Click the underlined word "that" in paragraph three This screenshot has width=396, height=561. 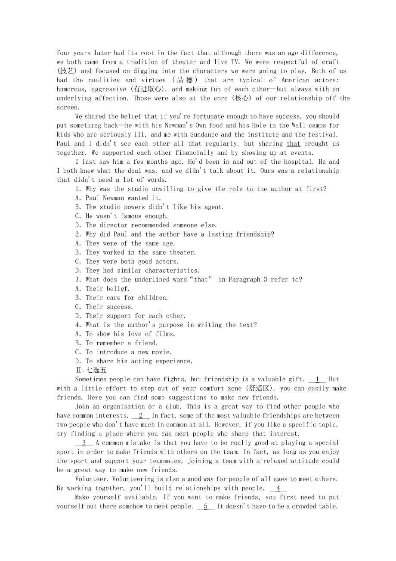(x=293, y=143)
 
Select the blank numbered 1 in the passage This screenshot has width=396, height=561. (x=317, y=379)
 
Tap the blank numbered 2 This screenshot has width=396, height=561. (x=141, y=415)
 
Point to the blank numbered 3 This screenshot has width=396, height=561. (x=84, y=443)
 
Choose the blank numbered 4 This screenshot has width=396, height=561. (x=278, y=488)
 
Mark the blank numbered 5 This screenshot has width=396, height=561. (x=205, y=506)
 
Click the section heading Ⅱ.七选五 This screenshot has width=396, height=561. (x=91, y=370)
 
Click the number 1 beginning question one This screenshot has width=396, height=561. (x=77, y=189)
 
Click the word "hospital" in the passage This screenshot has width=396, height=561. (x=297, y=162)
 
